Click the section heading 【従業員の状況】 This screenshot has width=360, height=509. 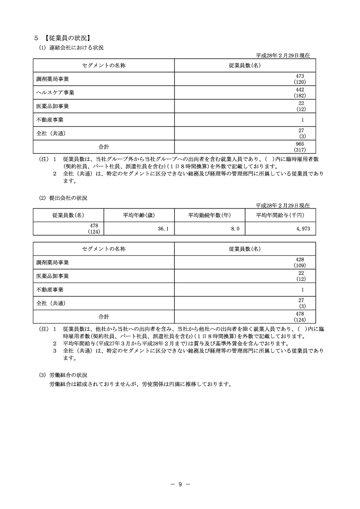[x=67, y=38]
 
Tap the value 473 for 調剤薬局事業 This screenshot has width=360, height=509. [x=299, y=76]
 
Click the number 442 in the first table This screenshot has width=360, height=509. [x=299, y=90]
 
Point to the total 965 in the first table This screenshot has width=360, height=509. [x=299, y=144]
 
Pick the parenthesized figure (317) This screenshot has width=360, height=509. [x=299, y=150]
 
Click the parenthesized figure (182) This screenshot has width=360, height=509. [x=299, y=96]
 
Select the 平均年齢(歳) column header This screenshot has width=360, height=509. [x=139, y=215]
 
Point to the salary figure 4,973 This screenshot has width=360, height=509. [x=303, y=229]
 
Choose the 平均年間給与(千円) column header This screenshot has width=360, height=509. [x=280, y=215]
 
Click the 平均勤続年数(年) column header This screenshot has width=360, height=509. [x=209, y=215]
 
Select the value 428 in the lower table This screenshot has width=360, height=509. [x=299, y=260]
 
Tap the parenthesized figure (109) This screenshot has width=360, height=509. [x=299, y=265]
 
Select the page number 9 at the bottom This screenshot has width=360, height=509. [x=180, y=484]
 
